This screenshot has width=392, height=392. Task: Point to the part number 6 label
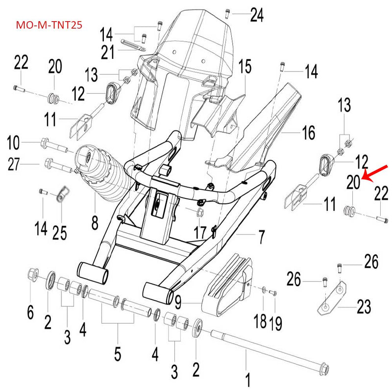tap(30, 312)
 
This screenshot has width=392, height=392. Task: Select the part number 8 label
tap(95, 224)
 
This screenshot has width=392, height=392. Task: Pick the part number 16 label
tap(308, 133)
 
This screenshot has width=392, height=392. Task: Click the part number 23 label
tap(364, 308)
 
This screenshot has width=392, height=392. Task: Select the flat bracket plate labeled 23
tap(334, 296)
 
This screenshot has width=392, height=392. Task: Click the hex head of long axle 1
tap(324, 367)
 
